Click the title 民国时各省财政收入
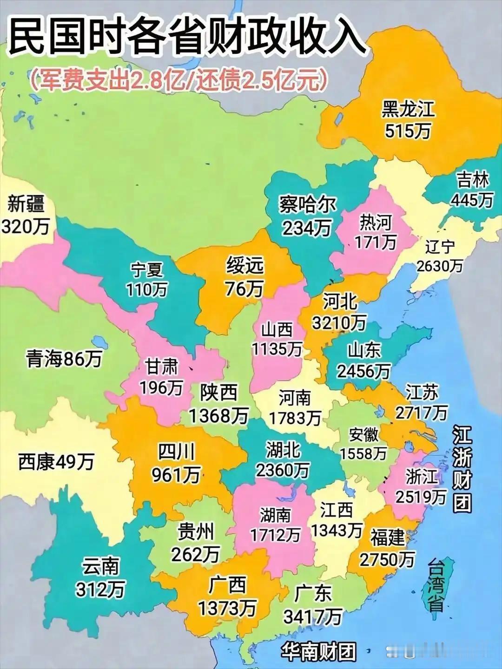click(x=186, y=37)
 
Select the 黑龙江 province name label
click(x=408, y=109)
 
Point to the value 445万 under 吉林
click(x=471, y=200)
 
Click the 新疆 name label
click(x=26, y=204)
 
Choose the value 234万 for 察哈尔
click(x=307, y=228)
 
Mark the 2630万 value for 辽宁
click(x=439, y=265)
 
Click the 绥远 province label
click(x=245, y=266)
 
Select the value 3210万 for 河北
click(x=339, y=322)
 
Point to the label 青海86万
click(x=64, y=359)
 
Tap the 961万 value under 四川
click(x=176, y=474)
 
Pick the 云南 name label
click(x=101, y=566)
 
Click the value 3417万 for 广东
click(x=312, y=617)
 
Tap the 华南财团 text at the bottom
click(x=318, y=652)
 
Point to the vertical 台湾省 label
click(x=436, y=585)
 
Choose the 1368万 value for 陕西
click(x=218, y=415)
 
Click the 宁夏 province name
click(x=146, y=269)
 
